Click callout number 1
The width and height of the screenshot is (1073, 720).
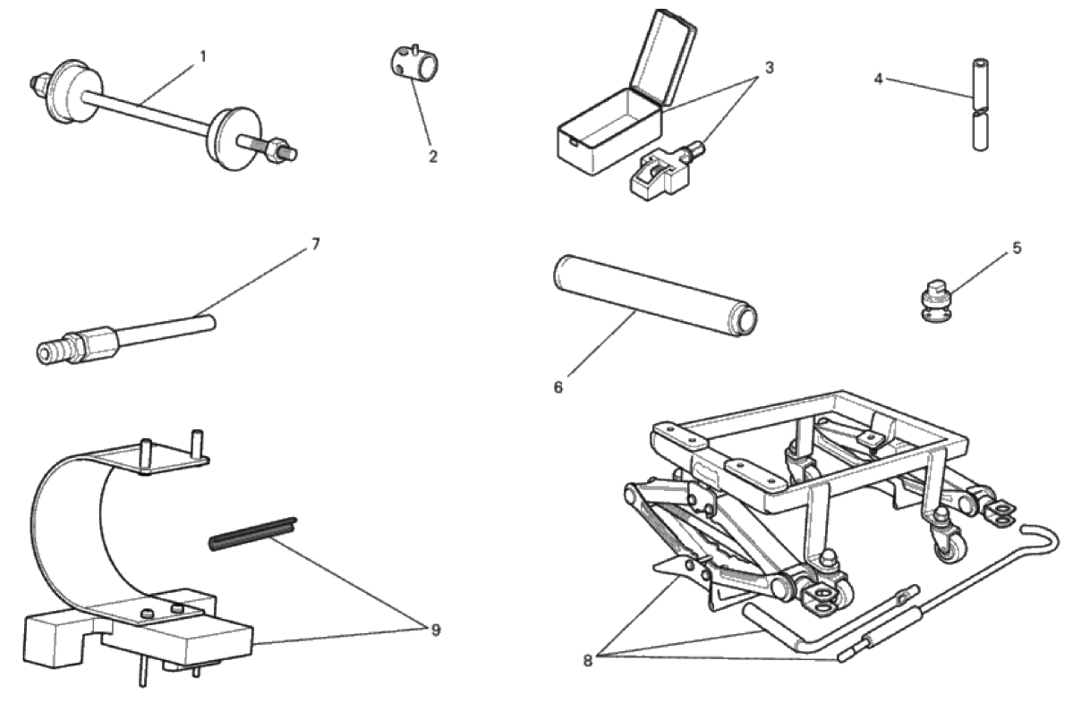pyautogui.click(x=203, y=56)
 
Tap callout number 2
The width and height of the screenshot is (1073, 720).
pyautogui.click(x=433, y=157)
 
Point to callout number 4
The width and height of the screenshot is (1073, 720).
pyautogui.click(x=879, y=79)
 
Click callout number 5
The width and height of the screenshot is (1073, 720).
pyautogui.click(x=1017, y=248)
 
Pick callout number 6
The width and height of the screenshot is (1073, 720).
pyautogui.click(x=558, y=388)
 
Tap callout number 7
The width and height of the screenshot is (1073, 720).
pyautogui.click(x=316, y=242)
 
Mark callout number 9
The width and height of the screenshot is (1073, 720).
pyautogui.click(x=436, y=631)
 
